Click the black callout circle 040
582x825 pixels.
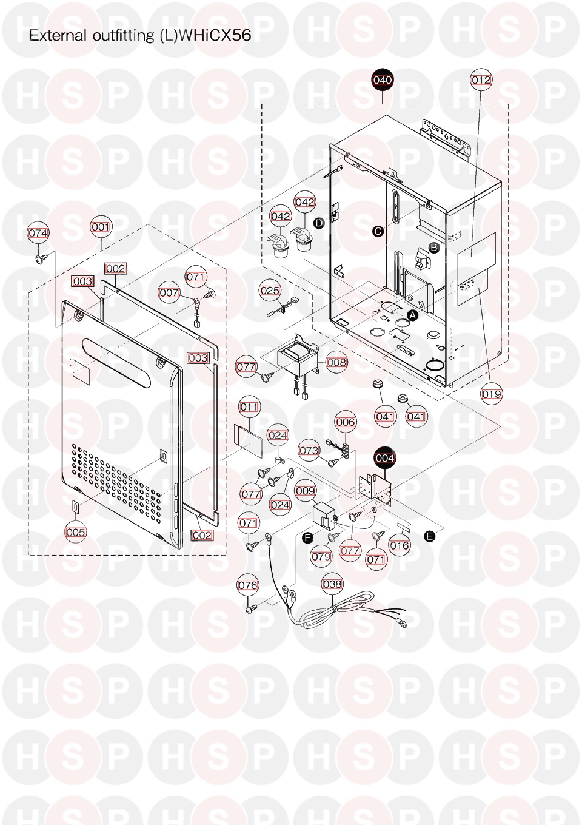[383, 80]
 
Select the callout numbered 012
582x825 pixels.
[481, 80]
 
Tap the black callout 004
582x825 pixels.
[385, 458]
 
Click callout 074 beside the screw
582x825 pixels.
[38, 233]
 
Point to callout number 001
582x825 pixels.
[101, 227]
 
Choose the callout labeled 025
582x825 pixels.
[270, 290]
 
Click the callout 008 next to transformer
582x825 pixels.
[336, 362]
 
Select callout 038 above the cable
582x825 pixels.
[332, 584]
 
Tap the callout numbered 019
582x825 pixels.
[492, 394]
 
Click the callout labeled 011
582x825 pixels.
[249, 407]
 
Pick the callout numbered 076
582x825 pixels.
[248, 585]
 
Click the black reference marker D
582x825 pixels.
[319, 223]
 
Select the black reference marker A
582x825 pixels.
[413, 315]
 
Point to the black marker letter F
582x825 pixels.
[307, 538]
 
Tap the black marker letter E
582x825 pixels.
[429, 536]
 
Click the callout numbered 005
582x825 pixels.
[75, 532]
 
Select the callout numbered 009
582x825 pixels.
[306, 491]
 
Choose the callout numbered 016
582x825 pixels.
[400, 545]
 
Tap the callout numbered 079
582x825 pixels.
[321, 556]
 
